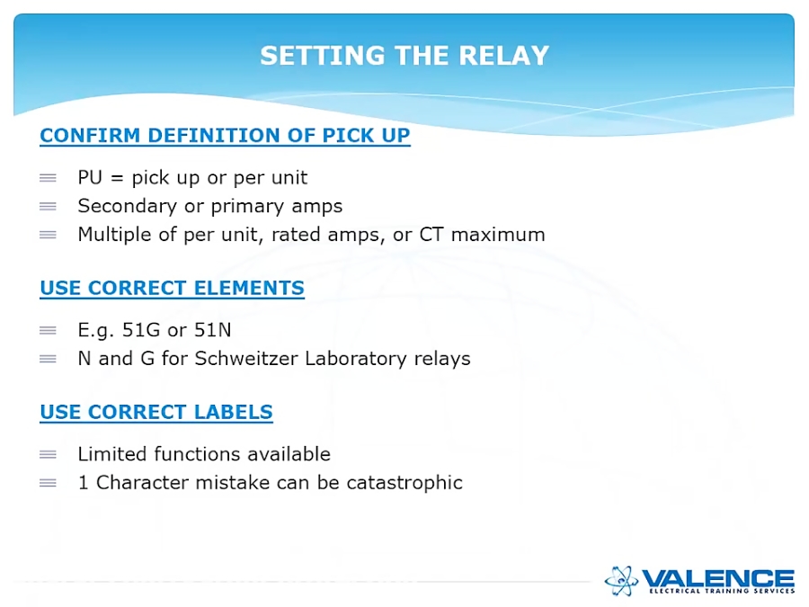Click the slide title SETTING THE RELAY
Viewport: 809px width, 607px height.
pos(404,56)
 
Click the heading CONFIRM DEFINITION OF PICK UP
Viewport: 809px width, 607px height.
pos(225,136)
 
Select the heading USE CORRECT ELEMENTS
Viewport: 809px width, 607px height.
pos(172,289)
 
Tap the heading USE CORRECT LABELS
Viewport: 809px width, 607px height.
pos(156,413)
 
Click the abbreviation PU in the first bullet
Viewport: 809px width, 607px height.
pos(90,178)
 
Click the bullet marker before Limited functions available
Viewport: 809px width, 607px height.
pos(48,454)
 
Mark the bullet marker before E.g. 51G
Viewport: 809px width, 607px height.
pos(48,331)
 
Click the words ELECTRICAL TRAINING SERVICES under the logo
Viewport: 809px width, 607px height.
pos(722,591)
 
